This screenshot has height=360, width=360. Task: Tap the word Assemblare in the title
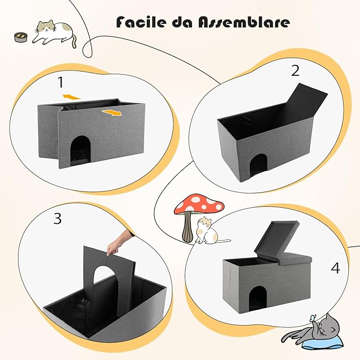[x=243, y=22]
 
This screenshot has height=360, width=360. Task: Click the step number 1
[x=60, y=82]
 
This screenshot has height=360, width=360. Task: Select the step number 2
[x=295, y=71]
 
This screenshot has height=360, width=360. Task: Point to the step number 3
[x=58, y=218]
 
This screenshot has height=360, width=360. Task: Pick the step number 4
[x=335, y=268]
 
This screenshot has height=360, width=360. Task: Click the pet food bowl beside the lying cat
[x=21, y=37]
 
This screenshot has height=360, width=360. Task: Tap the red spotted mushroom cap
[x=199, y=204]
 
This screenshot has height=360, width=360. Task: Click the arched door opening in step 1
[x=80, y=149]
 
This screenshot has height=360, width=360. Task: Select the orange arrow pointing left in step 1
[x=72, y=97]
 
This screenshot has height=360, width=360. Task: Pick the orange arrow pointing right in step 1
[x=112, y=112]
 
